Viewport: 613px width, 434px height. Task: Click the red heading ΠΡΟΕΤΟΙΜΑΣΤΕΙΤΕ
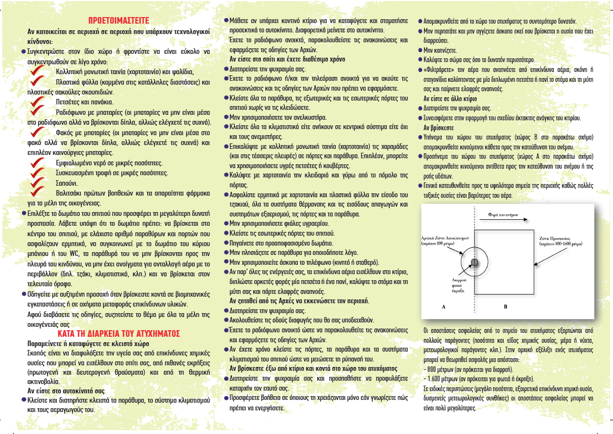(x=119, y=20)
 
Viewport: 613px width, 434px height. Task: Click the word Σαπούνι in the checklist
(x=67, y=183)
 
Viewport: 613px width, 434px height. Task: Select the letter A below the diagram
(x=442, y=307)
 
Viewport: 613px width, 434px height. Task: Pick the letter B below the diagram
(x=505, y=307)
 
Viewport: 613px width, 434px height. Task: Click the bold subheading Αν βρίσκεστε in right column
(x=439, y=127)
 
